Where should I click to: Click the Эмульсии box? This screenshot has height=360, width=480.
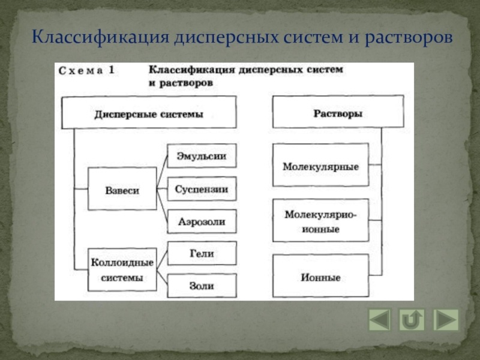(202, 156)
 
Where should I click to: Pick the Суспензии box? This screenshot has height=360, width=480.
(202, 189)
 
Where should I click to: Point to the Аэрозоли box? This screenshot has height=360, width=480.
(202, 221)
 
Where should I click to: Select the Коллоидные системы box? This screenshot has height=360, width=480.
(122, 270)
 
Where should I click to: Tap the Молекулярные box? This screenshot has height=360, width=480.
(320, 166)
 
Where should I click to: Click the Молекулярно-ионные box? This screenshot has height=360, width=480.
(320, 220)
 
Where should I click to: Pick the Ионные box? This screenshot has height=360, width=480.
(320, 278)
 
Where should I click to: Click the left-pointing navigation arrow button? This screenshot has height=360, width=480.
(379, 320)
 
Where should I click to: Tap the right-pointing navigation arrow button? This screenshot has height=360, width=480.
(446, 320)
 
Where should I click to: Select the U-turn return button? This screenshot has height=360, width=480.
(412, 320)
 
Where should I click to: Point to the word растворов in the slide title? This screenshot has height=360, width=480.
(407, 38)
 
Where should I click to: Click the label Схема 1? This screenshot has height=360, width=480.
(86, 71)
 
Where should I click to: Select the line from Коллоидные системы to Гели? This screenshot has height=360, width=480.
(161, 262)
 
